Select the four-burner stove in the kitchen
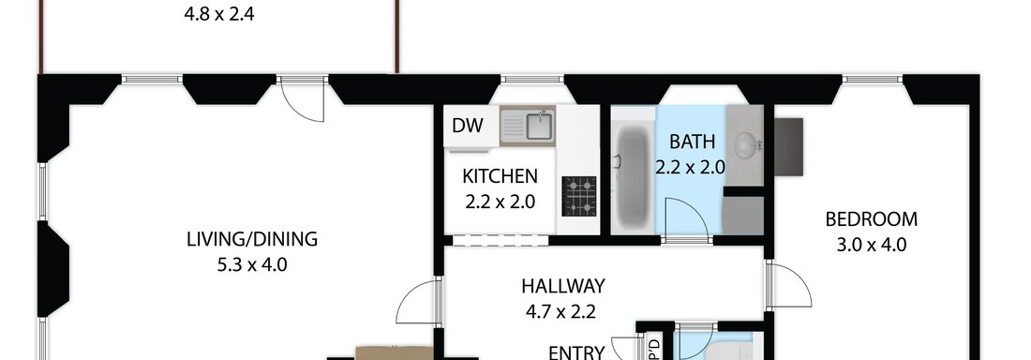(578, 195)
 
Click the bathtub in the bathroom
(634, 177)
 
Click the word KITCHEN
(500, 176)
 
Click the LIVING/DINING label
(252, 239)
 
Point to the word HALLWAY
(563, 286)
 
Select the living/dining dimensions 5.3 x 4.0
(252, 265)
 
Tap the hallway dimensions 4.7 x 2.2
(560, 311)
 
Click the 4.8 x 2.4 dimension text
(219, 14)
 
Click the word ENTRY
(576, 352)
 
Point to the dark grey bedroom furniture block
(788, 147)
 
